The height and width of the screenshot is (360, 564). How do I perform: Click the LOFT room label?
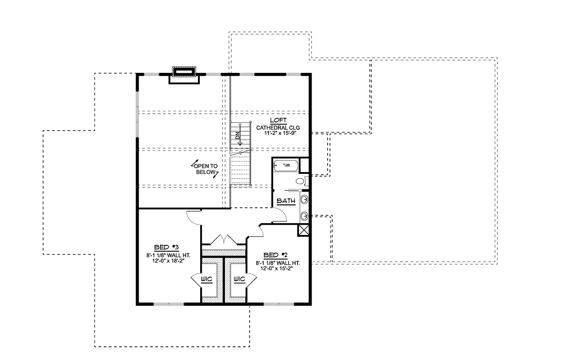pos(278,120)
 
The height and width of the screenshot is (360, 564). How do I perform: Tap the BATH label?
pos(286,201)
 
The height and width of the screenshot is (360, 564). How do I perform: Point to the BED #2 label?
pos(275,255)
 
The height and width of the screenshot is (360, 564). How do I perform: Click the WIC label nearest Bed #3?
pos(206,279)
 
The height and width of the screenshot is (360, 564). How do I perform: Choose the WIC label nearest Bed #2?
pos(239,279)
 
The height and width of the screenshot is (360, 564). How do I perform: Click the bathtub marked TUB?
pos(286,165)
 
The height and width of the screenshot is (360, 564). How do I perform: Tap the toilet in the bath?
pos(301,181)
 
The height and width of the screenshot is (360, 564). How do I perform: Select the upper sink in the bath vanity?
pos(305,200)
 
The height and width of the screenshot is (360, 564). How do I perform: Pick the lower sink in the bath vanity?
pos(305,216)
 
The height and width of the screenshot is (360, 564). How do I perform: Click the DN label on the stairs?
pos(237,136)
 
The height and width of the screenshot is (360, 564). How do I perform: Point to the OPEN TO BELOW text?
pos(206,169)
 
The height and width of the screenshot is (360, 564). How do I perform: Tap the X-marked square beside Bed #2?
pos(304,230)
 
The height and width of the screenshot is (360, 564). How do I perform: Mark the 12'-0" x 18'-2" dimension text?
pos(168,261)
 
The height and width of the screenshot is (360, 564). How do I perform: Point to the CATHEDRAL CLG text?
pos(278,128)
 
